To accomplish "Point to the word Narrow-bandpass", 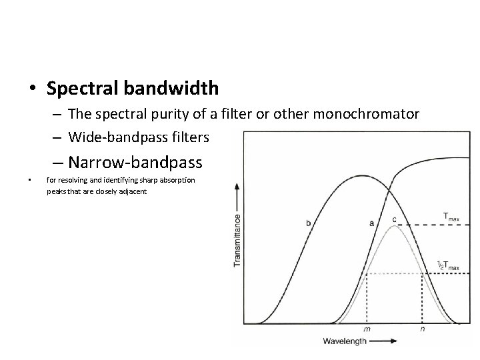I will (135, 162).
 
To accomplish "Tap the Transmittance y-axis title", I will (237, 241).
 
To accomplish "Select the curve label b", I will (308, 223).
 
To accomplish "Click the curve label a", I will (371, 223).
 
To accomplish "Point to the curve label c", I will (394, 219).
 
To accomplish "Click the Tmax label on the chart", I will (451, 215).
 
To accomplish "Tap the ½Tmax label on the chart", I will (448, 266).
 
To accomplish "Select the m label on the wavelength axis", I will (367, 329).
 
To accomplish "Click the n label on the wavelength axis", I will (422, 329).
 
